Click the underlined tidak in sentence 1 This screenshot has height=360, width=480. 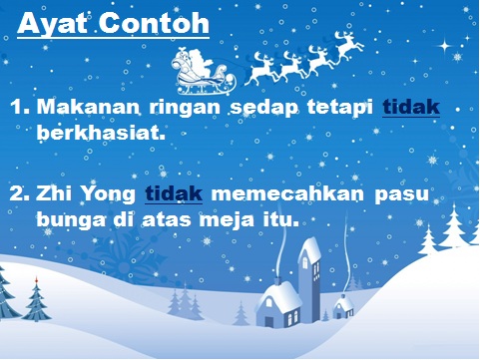point(411,109)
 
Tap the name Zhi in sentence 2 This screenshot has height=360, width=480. point(56,191)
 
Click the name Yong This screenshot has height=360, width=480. point(111,192)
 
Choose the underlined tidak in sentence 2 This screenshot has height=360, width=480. point(175,191)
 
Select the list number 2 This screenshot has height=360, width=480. point(19,191)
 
